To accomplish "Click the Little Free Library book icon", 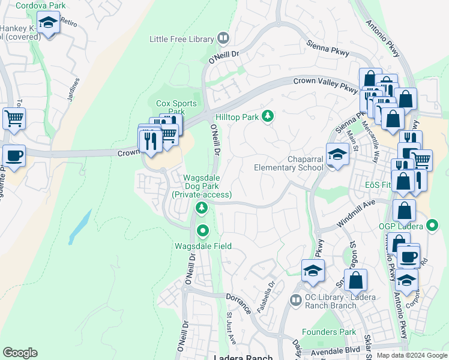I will pyautogui.click(x=223, y=39).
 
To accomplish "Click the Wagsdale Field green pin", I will pyautogui.click(x=203, y=230).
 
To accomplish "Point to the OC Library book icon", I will pyautogui.click(x=295, y=299).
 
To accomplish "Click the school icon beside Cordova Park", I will pyautogui.click(x=48, y=23).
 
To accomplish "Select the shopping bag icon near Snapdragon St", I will pyautogui.click(x=356, y=280).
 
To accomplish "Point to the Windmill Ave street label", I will pyautogui.click(x=355, y=214).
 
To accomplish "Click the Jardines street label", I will pyautogui.click(x=74, y=91).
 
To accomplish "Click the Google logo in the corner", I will pyautogui.click(x=20, y=353).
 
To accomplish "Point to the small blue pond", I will pyautogui.click(x=79, y=227).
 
